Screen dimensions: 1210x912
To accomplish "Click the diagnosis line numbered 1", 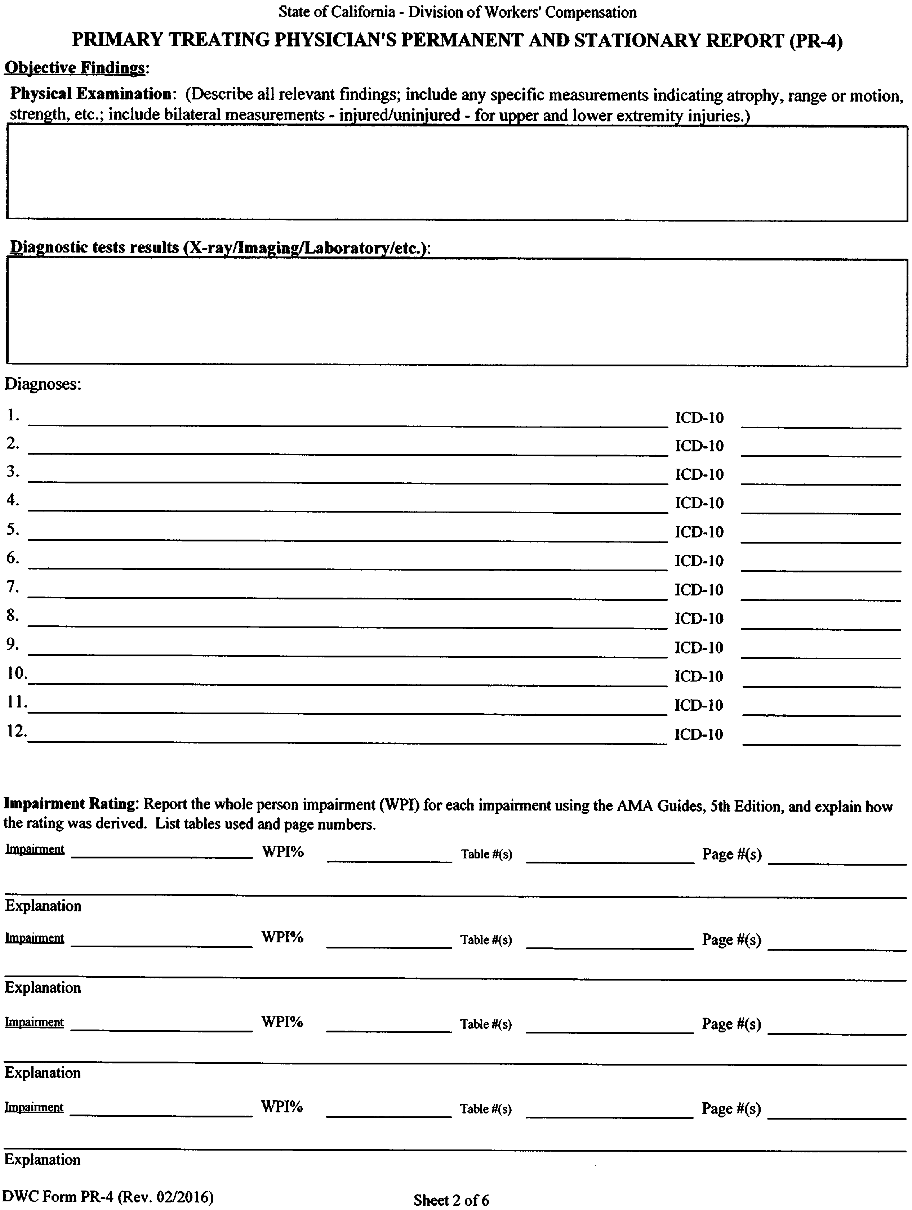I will tap(347, 420).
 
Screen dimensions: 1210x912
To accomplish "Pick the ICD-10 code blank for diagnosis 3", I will tap(820, 478).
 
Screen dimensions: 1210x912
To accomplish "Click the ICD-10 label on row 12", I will tap(699, 734).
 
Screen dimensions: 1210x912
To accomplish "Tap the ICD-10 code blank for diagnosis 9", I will tap(820, 651).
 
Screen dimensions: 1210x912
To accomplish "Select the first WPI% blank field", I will tap(390, 856).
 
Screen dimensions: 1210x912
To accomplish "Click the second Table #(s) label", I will tap(486, 940).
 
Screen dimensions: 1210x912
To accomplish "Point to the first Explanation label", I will tap(43, 906).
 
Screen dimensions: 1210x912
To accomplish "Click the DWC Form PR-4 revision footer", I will tap(107, 1196).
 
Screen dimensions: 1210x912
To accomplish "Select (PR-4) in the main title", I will tap(815, 41).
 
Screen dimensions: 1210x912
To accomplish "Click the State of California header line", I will tap(457, 12).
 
